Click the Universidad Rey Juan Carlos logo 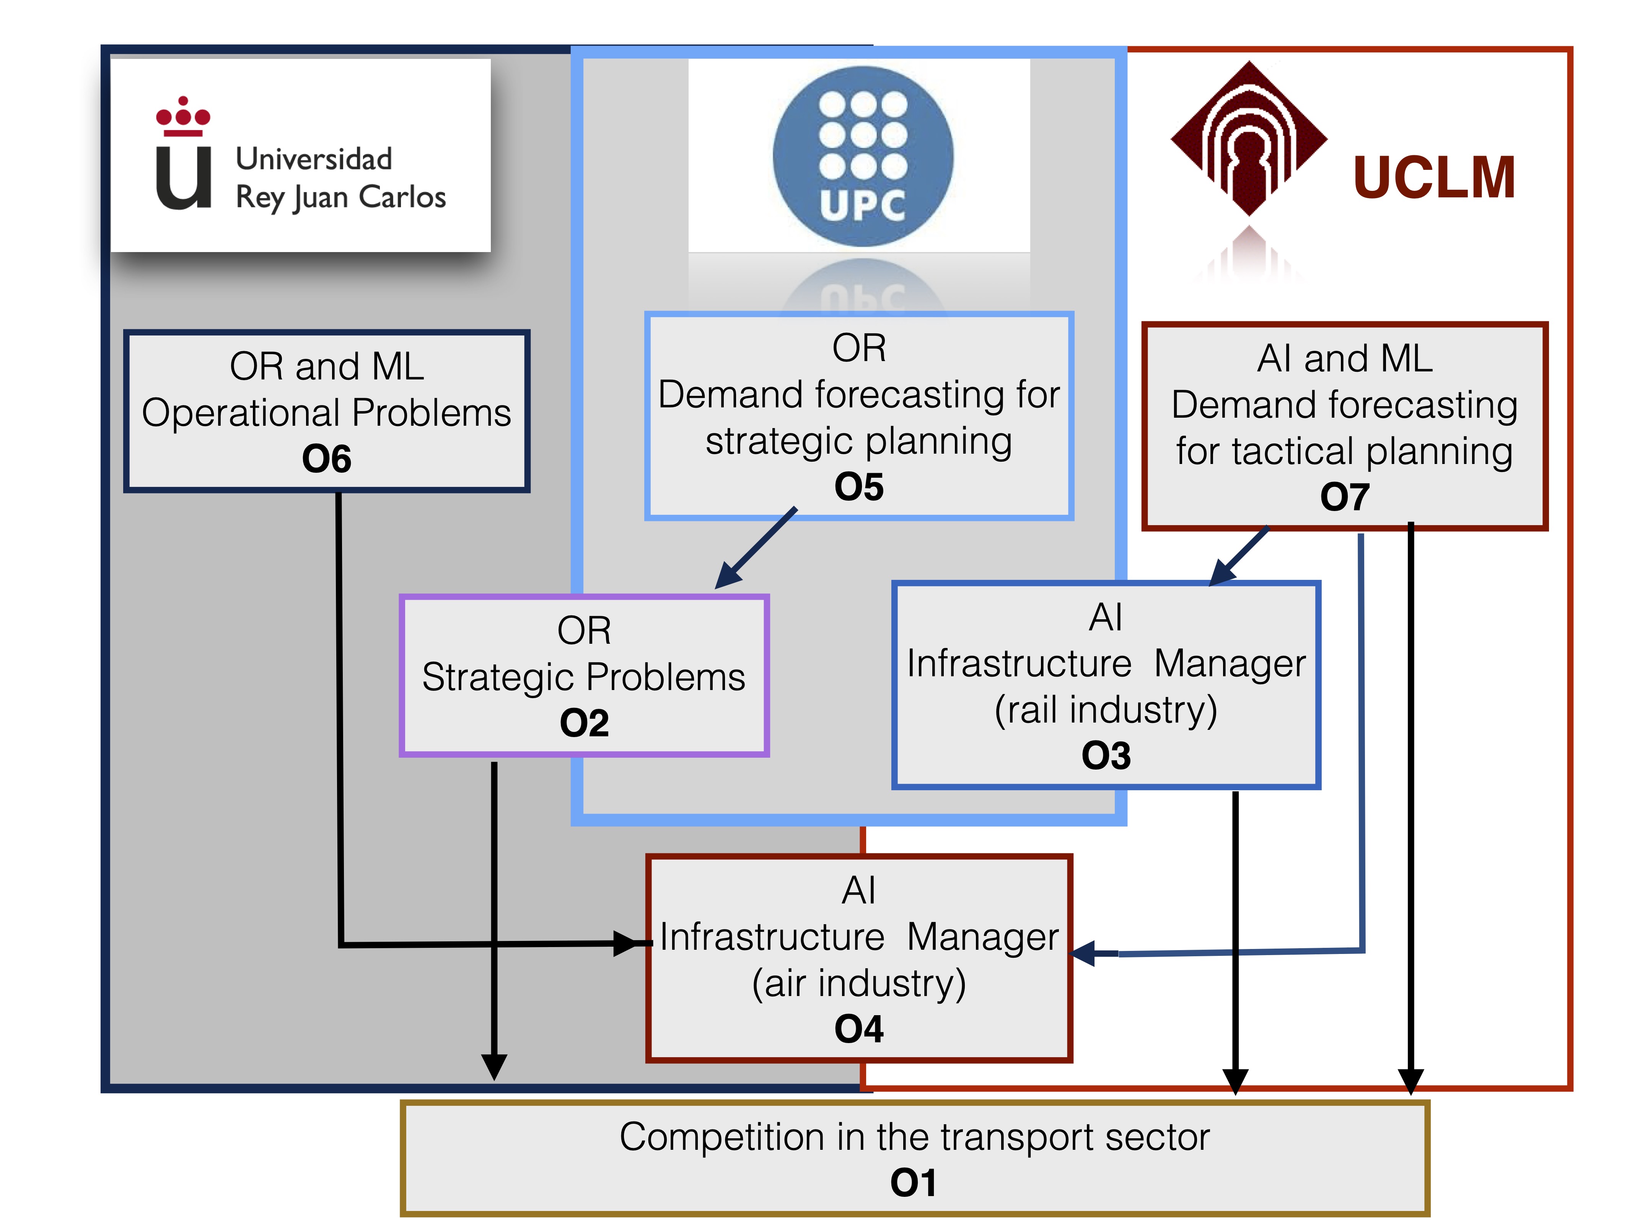pyautogui.click(x=300, y=155)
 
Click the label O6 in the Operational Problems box pyautogui.click(x=327, y=459)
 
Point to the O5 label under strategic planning pyautogui.click(x=859, y=487)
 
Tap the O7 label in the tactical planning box pyautogui.click(x=1344, y=496)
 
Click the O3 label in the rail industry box pyautogui.click(x=1106, y=755)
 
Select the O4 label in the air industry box pyautogui.click(x=859, y=1029)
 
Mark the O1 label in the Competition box pyautogui.click(x=914, y=1183)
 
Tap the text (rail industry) pyautogui.click(x=1106, y=710)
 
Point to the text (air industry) pyautogui.click(x=859, y=983)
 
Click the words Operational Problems pyautogui.click(x=327, y=413)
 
